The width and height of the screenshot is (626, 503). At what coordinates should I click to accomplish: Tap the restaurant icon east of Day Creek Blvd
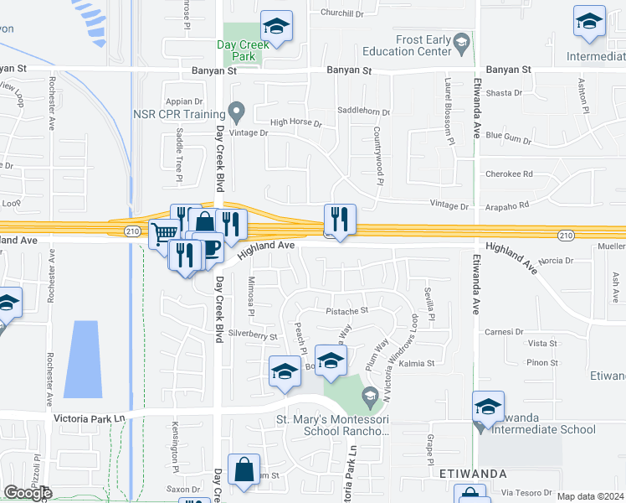pos(340,220)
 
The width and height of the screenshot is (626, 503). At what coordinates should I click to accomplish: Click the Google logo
pos(28,493)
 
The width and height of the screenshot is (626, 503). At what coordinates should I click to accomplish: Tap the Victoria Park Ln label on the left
pos(88,417)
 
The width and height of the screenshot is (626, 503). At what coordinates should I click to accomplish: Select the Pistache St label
pos(346,311)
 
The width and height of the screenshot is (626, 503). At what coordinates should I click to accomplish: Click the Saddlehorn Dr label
pos(363,112)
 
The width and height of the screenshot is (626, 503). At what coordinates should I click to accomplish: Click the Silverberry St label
pos(253,335)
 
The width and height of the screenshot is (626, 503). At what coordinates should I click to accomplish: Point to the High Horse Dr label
pos(295,122)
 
